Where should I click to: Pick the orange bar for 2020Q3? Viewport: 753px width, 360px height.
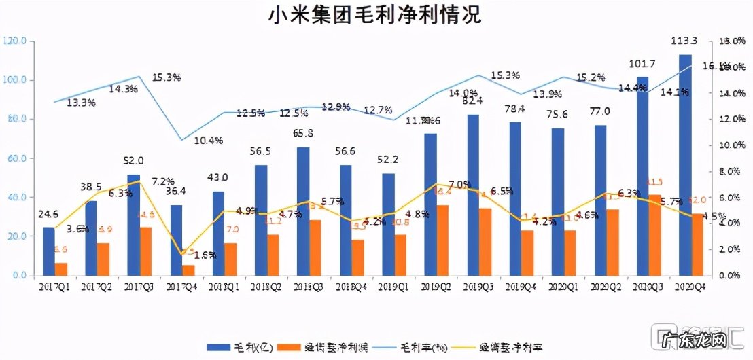[x=654, y=234]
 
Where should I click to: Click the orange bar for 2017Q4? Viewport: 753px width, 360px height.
[x=188, y=270]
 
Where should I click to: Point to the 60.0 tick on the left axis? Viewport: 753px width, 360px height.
[x=16, y=158]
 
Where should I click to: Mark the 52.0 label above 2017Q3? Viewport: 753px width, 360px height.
[x=133, y=161]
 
